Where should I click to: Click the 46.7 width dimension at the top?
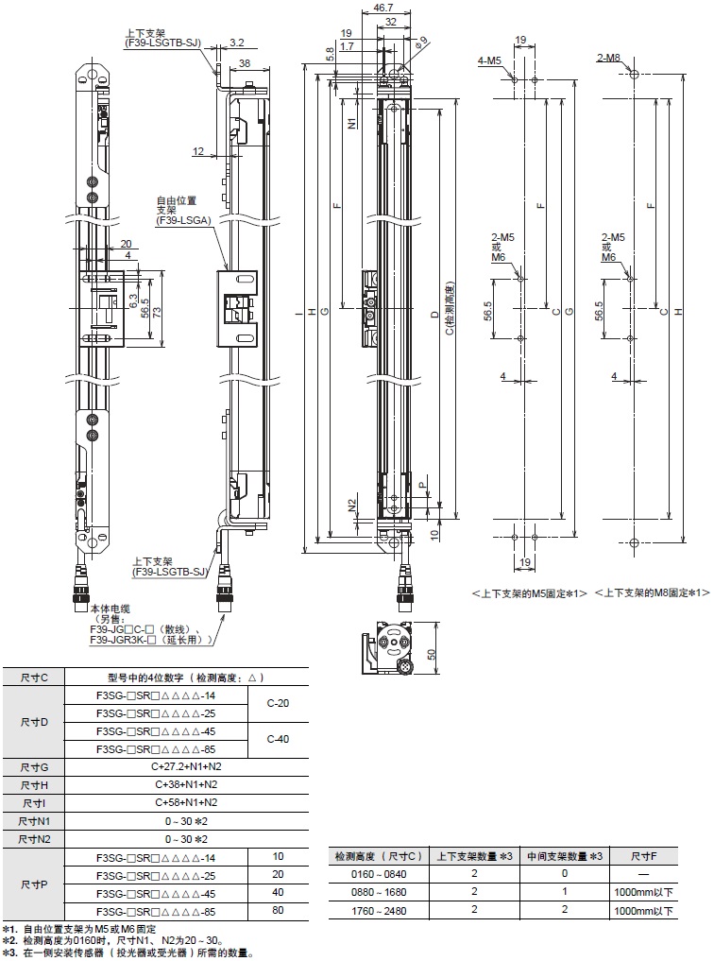(x=383, y=8)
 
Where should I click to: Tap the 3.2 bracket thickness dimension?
(x=236, y=43)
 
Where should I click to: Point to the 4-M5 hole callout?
(x=489, y=60)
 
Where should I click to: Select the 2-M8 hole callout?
(x=609, y=59)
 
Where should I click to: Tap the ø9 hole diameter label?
(x=422, y=39)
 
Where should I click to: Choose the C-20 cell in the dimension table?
(x=279, y=703)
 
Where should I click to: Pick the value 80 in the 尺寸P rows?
(x=278, y=911)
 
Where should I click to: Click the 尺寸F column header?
(x=647, y=856)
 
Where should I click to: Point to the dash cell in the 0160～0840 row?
(x=647, y=874)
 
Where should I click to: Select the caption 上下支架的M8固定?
(x=651, y=592)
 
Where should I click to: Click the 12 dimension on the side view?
(x=197, y=151)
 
